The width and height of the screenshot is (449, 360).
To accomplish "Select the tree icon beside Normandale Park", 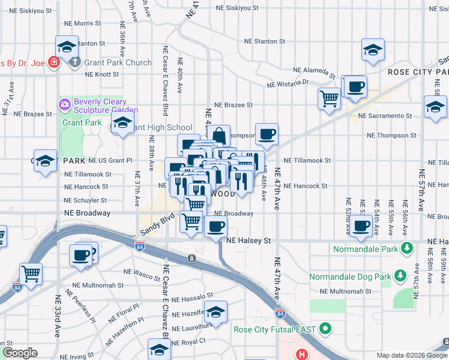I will coord(407,247).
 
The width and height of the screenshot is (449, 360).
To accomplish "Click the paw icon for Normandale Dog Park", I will coord(399,277).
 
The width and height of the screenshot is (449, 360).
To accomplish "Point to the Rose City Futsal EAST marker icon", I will coord(325,329).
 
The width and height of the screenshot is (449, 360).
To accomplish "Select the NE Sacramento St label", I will coord(385,115).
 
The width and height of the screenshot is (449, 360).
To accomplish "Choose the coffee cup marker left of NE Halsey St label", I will coord(216,227).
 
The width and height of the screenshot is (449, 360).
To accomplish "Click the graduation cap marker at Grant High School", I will coord(122,124).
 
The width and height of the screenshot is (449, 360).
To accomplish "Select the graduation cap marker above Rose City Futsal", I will coord(215,311).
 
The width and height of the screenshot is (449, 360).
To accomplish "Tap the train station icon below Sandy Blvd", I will coord(191,258).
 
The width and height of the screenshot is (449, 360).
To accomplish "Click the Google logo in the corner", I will coord(20,353).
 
